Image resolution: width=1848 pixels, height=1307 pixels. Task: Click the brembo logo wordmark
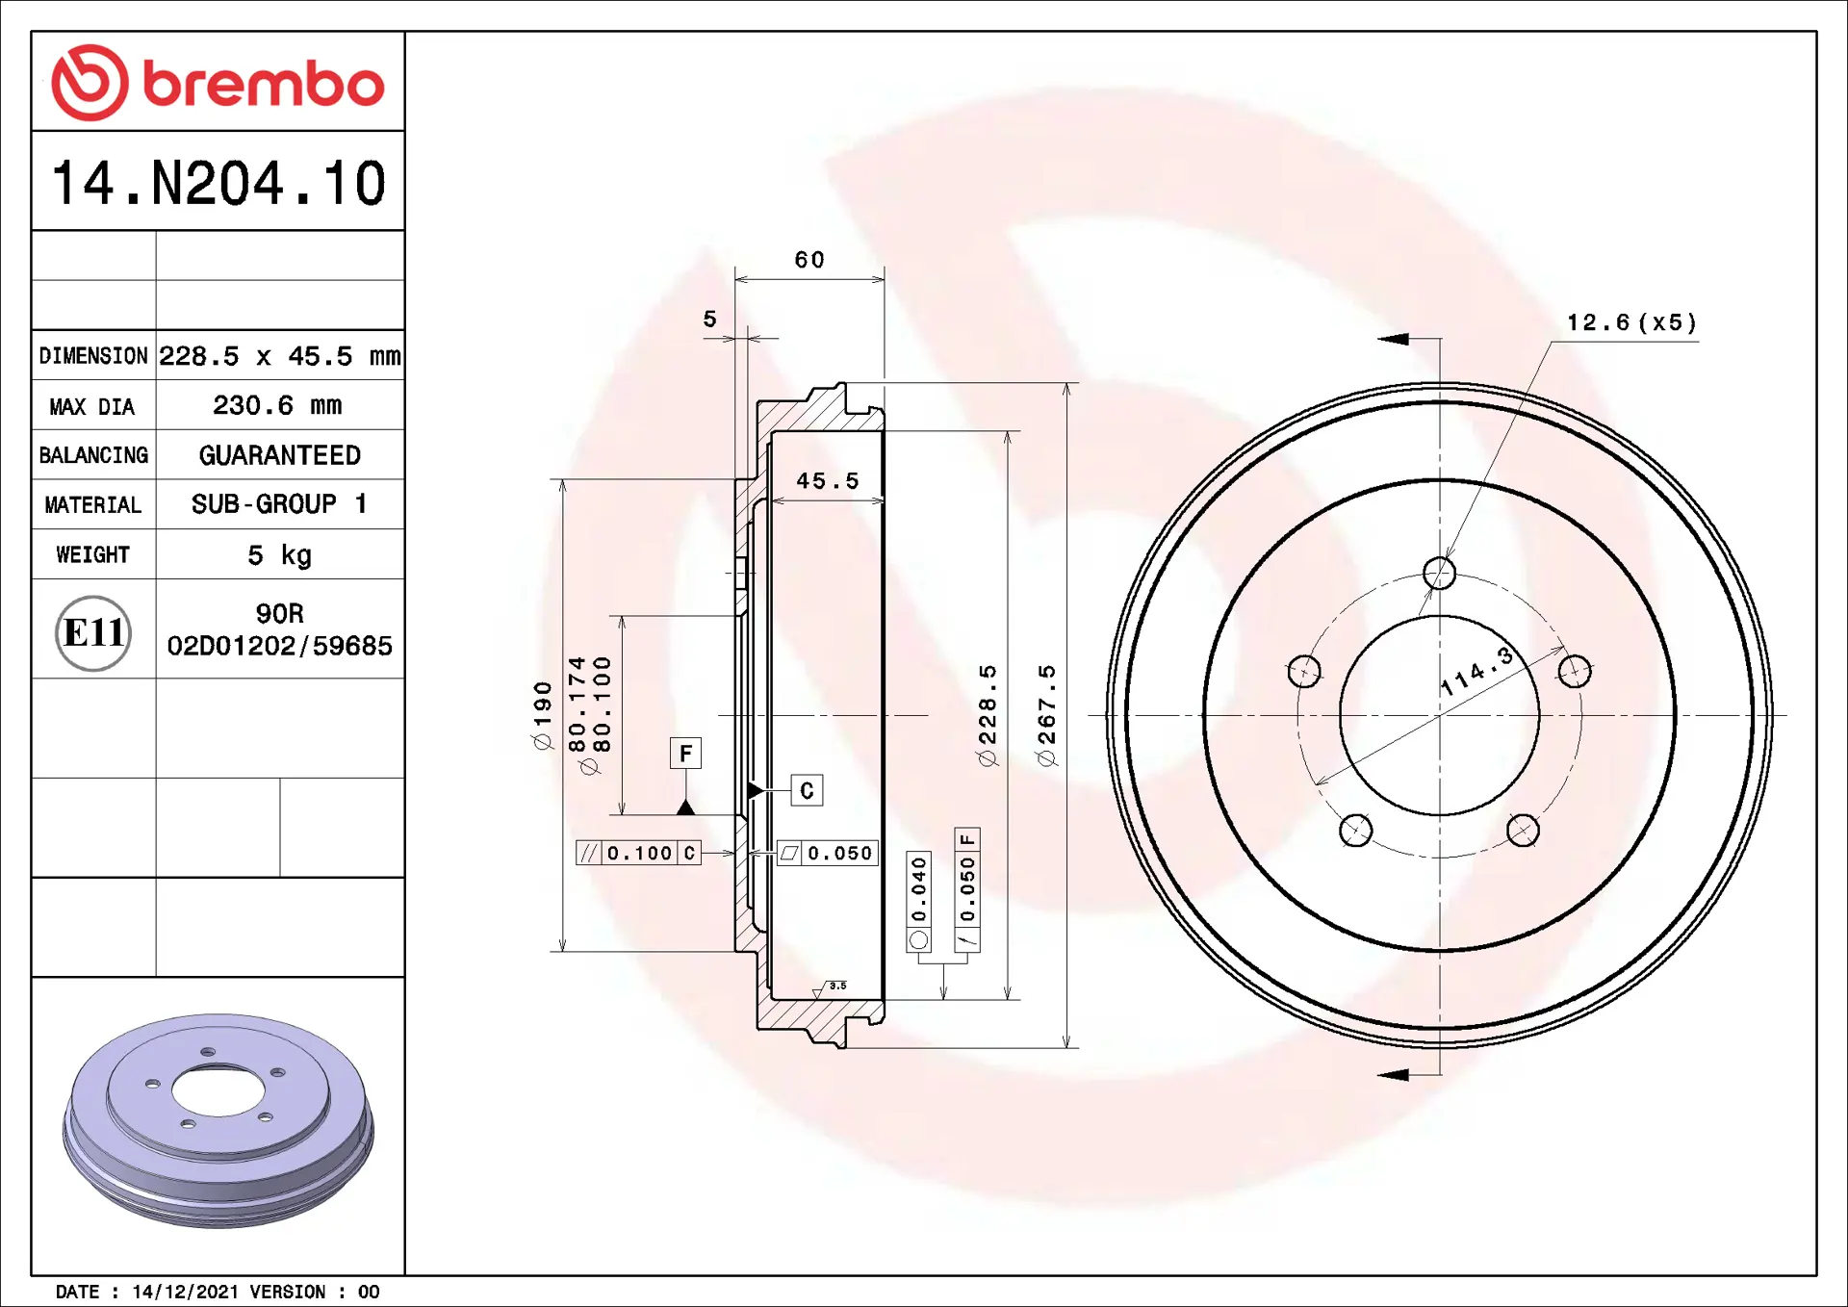(264, 84)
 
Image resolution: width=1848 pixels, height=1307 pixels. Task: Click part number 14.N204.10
(218, 183)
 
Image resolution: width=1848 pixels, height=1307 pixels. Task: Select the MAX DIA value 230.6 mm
(277, 405)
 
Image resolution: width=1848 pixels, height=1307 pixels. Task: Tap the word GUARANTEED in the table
(279, 455)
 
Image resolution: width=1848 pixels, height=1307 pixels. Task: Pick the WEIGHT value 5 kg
(279, 555)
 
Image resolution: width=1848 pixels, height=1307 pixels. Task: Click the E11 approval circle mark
(93, 632)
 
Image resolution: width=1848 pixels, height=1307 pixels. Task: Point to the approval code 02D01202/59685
(280, 646)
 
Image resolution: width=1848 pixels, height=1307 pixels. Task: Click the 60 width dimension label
(809, 260)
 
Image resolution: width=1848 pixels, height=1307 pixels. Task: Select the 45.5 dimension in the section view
(828, 480)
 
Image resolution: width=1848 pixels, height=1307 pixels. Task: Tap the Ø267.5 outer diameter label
(1046, 715)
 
